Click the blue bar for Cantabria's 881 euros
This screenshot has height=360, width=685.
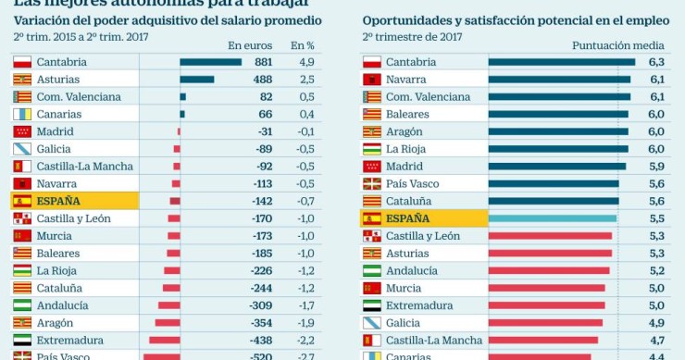click(210, 62)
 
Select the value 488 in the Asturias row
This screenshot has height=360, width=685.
click(262, 80)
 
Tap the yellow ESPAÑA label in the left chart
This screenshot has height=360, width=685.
click(58, 201)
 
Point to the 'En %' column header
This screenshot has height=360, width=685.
click(303, 44)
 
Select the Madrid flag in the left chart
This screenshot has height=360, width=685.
click(22, 131)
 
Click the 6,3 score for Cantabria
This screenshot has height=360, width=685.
click(656, 62)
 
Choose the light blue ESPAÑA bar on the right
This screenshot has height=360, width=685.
click(552, 218)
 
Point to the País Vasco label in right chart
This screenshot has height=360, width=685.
click(412, 183)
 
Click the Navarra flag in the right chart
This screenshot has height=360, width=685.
click(371, 80)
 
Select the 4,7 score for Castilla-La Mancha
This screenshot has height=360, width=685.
click(656, 341)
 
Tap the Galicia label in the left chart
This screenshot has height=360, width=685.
click(55, 149)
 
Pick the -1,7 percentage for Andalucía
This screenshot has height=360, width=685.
click(305, 305)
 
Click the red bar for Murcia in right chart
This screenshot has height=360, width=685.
click(546, 288)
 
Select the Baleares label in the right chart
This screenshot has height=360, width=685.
click(408, 114)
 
